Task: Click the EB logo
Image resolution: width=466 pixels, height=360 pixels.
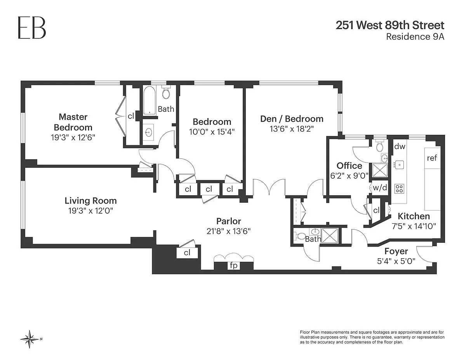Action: click(x=32, y=28)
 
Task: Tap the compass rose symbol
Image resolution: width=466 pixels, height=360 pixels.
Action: click(x=30, y=339)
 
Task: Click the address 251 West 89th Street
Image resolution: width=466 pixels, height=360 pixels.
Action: click(x=390, y=25)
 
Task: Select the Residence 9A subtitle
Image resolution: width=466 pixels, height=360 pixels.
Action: click(x=415, y=37)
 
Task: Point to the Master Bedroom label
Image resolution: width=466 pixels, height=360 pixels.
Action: click(x=73, y=122)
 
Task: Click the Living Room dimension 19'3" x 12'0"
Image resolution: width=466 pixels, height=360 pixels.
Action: click(x=91, y=211)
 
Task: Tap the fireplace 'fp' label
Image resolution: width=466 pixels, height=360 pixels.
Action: click(x=233, y=266)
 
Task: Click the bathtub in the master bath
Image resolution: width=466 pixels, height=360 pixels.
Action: click(x=149, y=101)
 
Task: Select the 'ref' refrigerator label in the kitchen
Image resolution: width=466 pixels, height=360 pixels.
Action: click(x=432, y=158)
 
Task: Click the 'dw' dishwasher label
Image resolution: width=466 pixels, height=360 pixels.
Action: click(x=400, y=146)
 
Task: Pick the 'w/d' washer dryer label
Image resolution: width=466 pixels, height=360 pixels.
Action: click(x=380, y=188)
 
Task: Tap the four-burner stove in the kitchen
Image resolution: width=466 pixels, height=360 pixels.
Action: click(x=399, y=189)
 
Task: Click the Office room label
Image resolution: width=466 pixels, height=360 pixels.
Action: click(x=349, y=166)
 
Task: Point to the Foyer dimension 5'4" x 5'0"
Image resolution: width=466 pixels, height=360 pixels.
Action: click(x=396, y=261)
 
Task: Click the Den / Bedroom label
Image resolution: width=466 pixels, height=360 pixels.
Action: click(x=292, y=119)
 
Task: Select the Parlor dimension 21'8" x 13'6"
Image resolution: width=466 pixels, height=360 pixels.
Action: click(x=229, y=231)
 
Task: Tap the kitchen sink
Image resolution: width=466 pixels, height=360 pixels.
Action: click(x=399, y=165)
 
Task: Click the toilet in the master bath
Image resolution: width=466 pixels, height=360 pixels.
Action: click(x=166, y=92)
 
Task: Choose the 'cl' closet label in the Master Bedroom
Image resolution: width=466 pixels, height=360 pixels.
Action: click(x=131, y=116)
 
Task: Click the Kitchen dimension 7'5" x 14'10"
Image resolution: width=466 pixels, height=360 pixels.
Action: click(x=414, y=226)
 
